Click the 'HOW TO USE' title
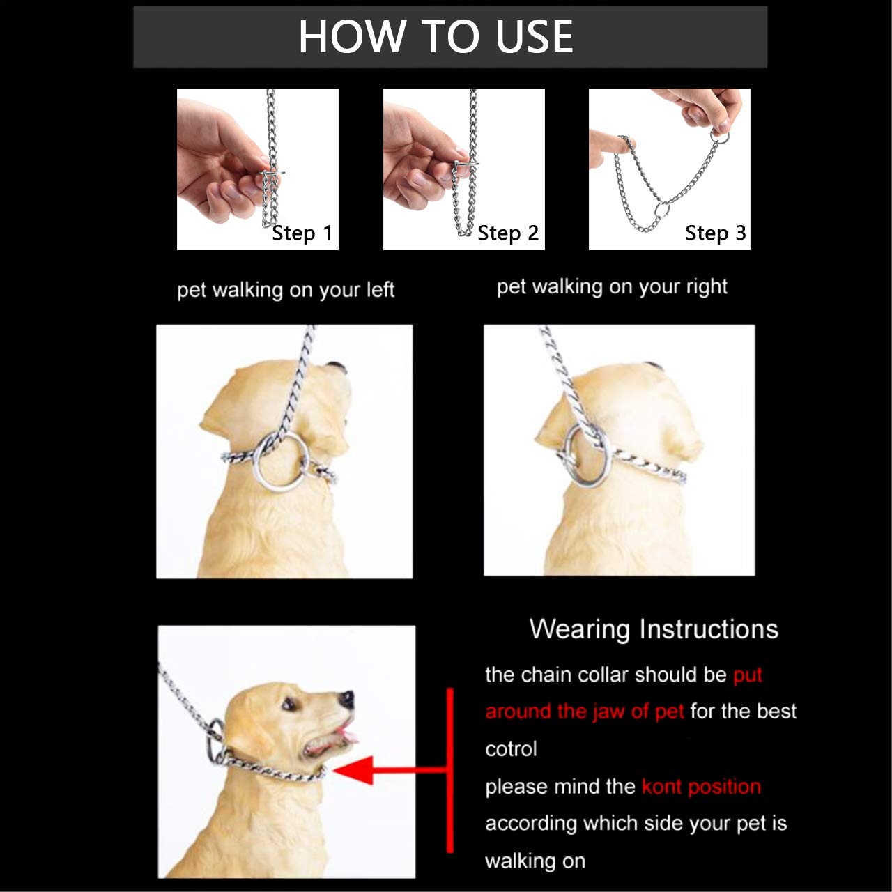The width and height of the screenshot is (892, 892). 436,36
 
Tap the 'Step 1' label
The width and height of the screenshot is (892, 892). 302,233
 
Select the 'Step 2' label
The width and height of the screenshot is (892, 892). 508,233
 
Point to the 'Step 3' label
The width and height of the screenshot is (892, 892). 715,233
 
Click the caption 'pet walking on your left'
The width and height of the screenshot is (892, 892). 285,290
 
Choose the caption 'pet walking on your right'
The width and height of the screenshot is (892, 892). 612,287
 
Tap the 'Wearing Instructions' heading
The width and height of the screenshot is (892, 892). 653,629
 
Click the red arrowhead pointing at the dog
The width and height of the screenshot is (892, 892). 353,770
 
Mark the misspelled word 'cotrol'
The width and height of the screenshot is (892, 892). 511,749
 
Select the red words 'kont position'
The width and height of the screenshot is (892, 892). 700,787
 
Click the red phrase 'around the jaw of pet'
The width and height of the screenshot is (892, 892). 584,712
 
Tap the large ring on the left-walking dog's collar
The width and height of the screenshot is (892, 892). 280,461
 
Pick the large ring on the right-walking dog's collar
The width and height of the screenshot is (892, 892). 587,453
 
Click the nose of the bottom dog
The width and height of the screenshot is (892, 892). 346,698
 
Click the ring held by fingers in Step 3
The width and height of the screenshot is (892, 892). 721,134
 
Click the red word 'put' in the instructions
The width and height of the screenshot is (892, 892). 748,675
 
